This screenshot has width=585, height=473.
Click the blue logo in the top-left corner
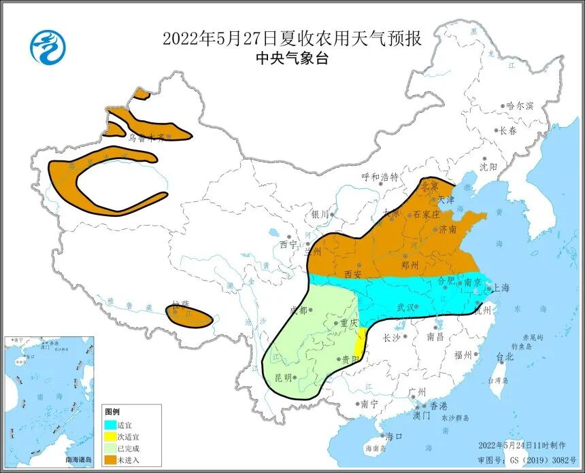[x=48, y=47]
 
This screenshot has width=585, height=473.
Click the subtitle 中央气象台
[x=292, y=59]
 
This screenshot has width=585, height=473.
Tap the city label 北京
[x=429, y=185]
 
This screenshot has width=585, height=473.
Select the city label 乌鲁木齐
[x=147, y=137]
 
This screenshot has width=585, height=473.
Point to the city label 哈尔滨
[x=520, y=106]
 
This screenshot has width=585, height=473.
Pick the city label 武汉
[x=406, y=308]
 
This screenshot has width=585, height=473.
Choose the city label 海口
[x=395, y=436]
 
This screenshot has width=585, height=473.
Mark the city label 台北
[x=505, y=356]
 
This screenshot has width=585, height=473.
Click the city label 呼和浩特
[x=380, y=177]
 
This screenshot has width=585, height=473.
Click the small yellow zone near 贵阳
[x=360, y=342]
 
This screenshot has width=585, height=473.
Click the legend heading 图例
[x=112, y=412]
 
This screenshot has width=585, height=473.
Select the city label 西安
[x=352, y=274]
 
